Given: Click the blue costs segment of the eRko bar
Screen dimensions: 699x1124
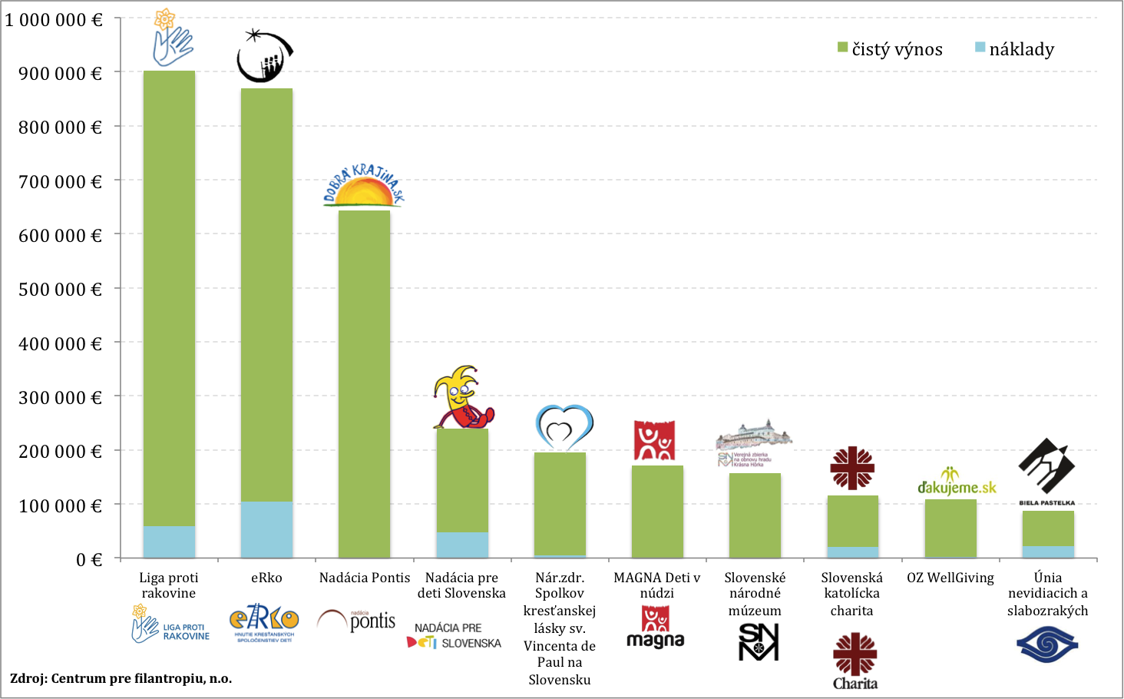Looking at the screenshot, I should (x=266, y=529).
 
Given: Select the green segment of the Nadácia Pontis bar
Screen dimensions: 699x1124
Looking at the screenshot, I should (x=364, y=384).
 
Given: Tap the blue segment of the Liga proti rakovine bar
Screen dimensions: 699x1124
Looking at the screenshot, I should (x=169, y=542).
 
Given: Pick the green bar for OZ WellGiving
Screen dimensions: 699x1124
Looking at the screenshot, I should (x=950, y=528).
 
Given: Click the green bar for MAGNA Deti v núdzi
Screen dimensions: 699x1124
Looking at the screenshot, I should (x=657, y=512).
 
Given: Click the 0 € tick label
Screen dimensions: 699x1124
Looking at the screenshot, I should (x=89, y=560).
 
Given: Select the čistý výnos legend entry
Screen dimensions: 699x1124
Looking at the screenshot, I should (x=891, y=49).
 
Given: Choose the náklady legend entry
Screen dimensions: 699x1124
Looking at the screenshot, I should (x=1015, y=49).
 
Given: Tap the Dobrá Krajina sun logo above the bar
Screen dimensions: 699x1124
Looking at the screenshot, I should (x=364, y=186).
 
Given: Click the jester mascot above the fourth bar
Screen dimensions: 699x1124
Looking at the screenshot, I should (x=461, y=397).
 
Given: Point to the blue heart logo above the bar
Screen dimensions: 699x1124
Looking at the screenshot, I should (x=564, y=427).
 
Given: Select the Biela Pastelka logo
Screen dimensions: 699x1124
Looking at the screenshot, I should (x=1046, y=470).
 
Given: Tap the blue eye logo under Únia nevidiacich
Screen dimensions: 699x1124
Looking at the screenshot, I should (x=1047, y=644).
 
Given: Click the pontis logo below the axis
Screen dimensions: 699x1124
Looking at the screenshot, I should (x=359, y=621).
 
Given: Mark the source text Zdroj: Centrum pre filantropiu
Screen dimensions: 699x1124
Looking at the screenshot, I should (x=121, y=678).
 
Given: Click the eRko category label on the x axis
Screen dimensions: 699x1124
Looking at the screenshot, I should (x=266, y=578).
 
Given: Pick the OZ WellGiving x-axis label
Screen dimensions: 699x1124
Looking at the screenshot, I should (x=950, y=578).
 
